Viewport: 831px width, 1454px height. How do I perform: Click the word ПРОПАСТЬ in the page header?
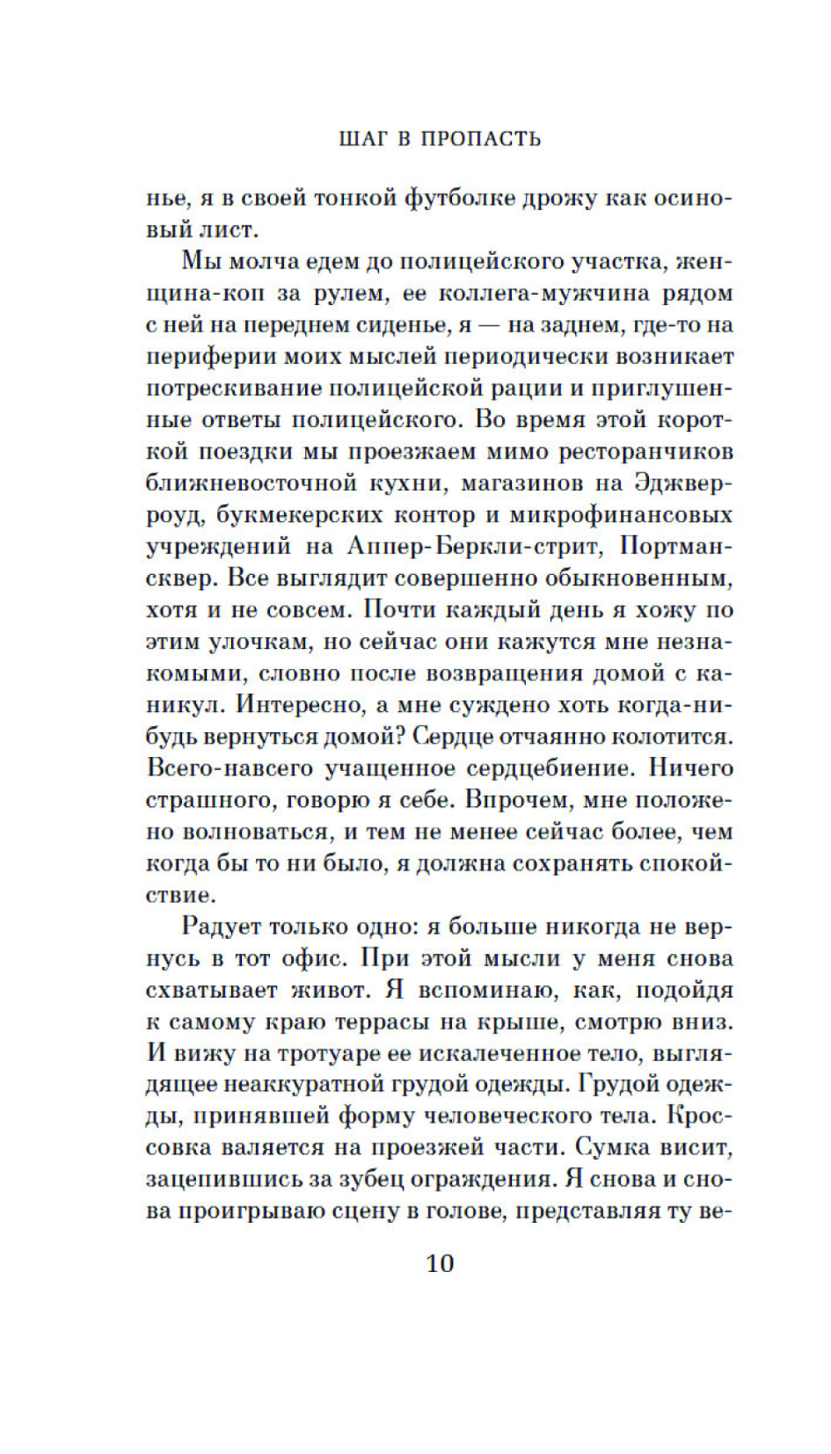click(481, 139)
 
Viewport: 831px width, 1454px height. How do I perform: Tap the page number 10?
click(440, 1264)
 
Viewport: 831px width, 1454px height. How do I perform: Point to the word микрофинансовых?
click(620, 515)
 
